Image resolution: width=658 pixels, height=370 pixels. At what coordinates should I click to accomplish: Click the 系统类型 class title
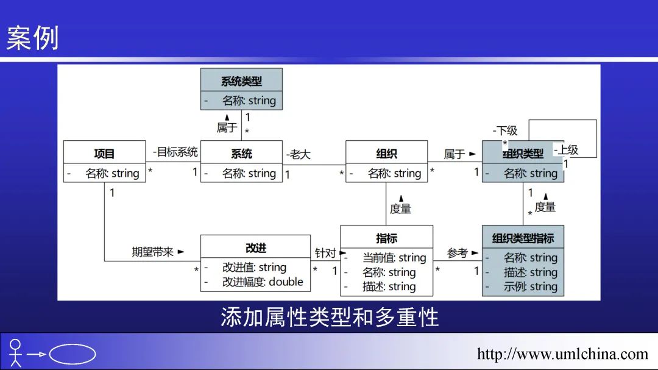click(241, 81)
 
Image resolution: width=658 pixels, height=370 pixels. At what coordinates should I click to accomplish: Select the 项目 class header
click(104, 154)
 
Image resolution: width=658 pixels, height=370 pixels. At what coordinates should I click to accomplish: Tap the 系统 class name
click(241, 154)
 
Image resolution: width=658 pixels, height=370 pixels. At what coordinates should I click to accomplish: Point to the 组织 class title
click(386, 154)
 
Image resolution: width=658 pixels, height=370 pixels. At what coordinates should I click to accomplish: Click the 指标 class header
click(386, 238)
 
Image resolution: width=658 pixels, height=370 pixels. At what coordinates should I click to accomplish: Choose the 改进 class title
click(255, 247)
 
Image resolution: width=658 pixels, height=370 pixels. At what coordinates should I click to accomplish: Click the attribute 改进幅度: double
click(262, 282)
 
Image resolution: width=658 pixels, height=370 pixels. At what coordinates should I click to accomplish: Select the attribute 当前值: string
click(394, 258)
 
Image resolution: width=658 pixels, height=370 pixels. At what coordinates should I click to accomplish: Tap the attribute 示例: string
click(530, 286)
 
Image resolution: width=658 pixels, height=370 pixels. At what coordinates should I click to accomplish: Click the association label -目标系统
click(175, 152)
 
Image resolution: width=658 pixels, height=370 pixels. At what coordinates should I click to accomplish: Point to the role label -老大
click(299, 154)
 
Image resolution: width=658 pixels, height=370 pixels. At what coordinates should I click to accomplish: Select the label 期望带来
click(154, 251)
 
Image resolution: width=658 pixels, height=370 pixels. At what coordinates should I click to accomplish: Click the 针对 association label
click(326, 252)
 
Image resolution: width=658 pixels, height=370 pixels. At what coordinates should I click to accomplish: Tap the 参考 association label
click(458, 252)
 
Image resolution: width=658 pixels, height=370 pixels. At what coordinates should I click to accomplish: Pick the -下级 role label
click(505, 130)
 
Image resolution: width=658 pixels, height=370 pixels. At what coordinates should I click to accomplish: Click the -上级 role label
click(566, 149)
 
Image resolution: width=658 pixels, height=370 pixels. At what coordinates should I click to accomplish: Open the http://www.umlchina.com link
click(562, 354)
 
